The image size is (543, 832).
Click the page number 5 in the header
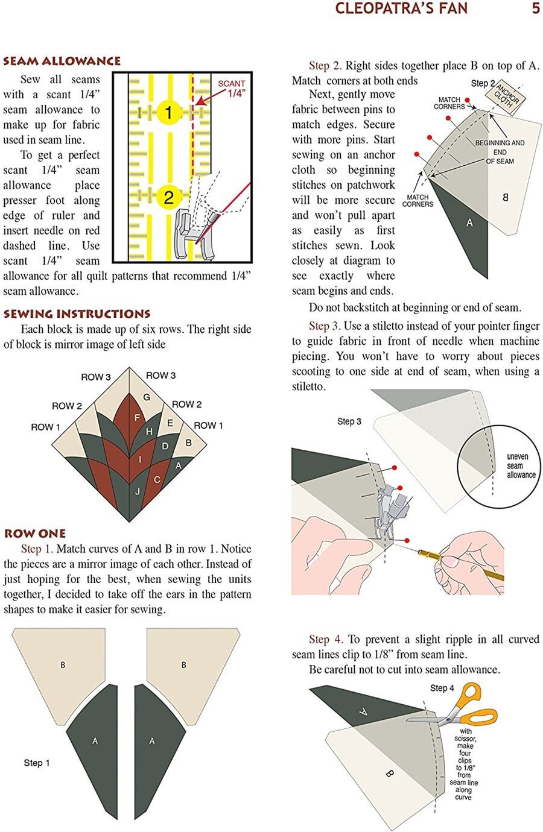(x=535, y=8)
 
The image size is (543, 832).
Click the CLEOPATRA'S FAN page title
(x=401, y=8)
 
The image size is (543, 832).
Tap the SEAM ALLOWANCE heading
(x=62, y=61)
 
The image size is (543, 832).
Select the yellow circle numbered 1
(x=169, y=112)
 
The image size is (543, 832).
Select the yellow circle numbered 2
(x=169, y=197)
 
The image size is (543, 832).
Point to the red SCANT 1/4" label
(x=232, y=88)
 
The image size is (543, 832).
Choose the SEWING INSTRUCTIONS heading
(x=77, y=314)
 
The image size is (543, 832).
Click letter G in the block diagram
(x=147, y=397)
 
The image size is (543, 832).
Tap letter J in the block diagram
(x=138, y=491)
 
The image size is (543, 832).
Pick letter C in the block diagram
(x=157, y=480)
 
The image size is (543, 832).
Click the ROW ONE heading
(x=34, y=534)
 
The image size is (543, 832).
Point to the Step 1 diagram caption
(x=37, y=763)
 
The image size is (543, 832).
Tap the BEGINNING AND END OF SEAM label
(x=500, y=152)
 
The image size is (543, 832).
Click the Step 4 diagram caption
(x=442, y=688)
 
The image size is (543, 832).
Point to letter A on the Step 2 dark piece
(x=469, y=223)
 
